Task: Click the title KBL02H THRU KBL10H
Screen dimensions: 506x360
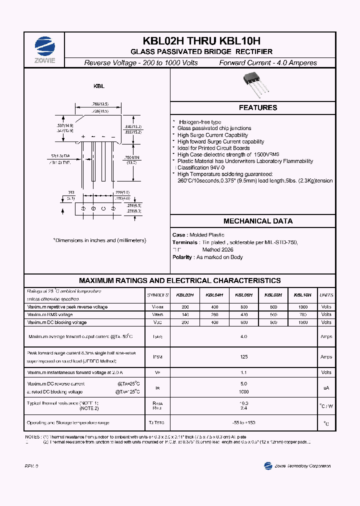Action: (x=201, y=41)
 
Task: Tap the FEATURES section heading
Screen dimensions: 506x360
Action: (x=257, y=107)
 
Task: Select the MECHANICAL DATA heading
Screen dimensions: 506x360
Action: (x=257, y=221)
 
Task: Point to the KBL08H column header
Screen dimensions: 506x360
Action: (x=273, y=295)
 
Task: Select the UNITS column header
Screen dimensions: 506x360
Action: (x=326, y=295)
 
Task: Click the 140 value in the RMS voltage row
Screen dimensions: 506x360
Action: (x=185, y=314)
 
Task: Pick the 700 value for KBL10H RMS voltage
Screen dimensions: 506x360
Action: (x=302, y=314)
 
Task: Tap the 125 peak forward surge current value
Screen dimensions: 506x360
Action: (x=244, y=356)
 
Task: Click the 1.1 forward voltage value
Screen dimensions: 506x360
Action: (x=244, y=372)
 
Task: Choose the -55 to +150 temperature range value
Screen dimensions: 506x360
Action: (x=244, y=423)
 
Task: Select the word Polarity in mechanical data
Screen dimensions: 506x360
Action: (x=182, y=257)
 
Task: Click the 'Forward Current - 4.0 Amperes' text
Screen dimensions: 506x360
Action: (x=268, y=63)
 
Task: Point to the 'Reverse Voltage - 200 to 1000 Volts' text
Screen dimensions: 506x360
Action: (x=141, y=63)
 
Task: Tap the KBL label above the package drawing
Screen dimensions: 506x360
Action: (x=99, y=86)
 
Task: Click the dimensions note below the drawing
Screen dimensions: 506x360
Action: (x=100, y=240)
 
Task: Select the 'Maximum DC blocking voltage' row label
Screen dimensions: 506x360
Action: (x=57, y=322)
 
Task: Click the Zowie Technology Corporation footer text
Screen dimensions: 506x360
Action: (x=302, y=466)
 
